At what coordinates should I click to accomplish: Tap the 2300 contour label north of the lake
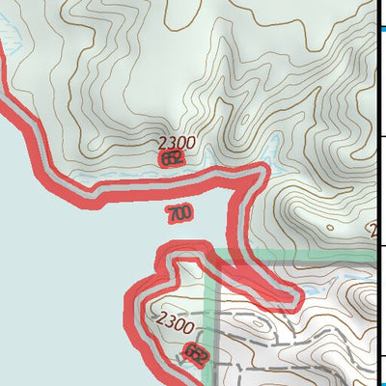pyautogui.click(x=177, y=143)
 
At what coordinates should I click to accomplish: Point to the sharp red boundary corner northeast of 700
pyautogui.click(x=261, y=172)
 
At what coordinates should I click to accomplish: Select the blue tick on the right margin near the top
pyautogui.click(x=381, y=29)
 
